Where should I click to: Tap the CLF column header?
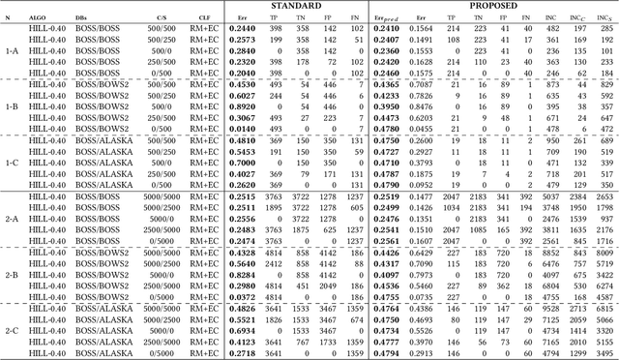point(205,16)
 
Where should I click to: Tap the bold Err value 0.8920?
point(242,106)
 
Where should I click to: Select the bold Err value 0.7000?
point(242,162)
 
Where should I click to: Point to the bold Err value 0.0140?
point(242,128)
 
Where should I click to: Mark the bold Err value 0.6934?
point(242,329)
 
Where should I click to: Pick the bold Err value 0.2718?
point(242,351)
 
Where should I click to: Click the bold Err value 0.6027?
point(242,95)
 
